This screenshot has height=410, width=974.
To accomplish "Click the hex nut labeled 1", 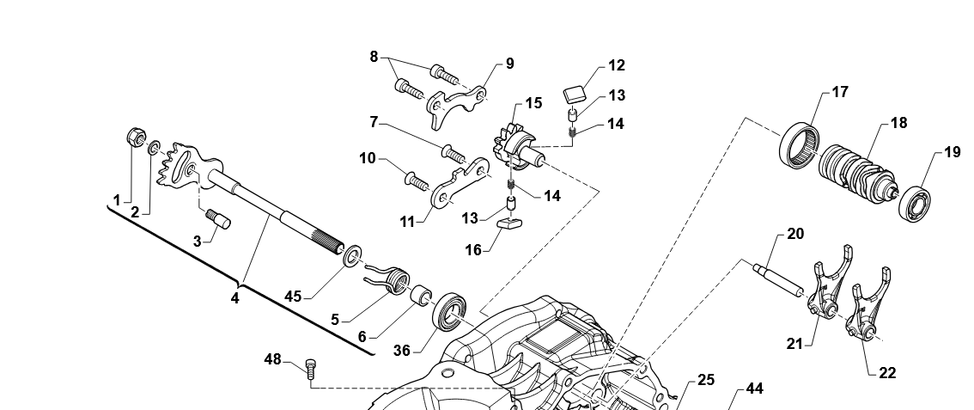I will click(x=135, y=136).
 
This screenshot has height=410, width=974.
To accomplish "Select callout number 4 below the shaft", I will click(x=234, y=298).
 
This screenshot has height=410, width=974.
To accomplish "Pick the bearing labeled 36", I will click(x=452, y=311).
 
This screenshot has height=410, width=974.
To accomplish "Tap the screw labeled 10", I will click(x=416, y=181).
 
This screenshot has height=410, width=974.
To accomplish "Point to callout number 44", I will click(x=754, y=389).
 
